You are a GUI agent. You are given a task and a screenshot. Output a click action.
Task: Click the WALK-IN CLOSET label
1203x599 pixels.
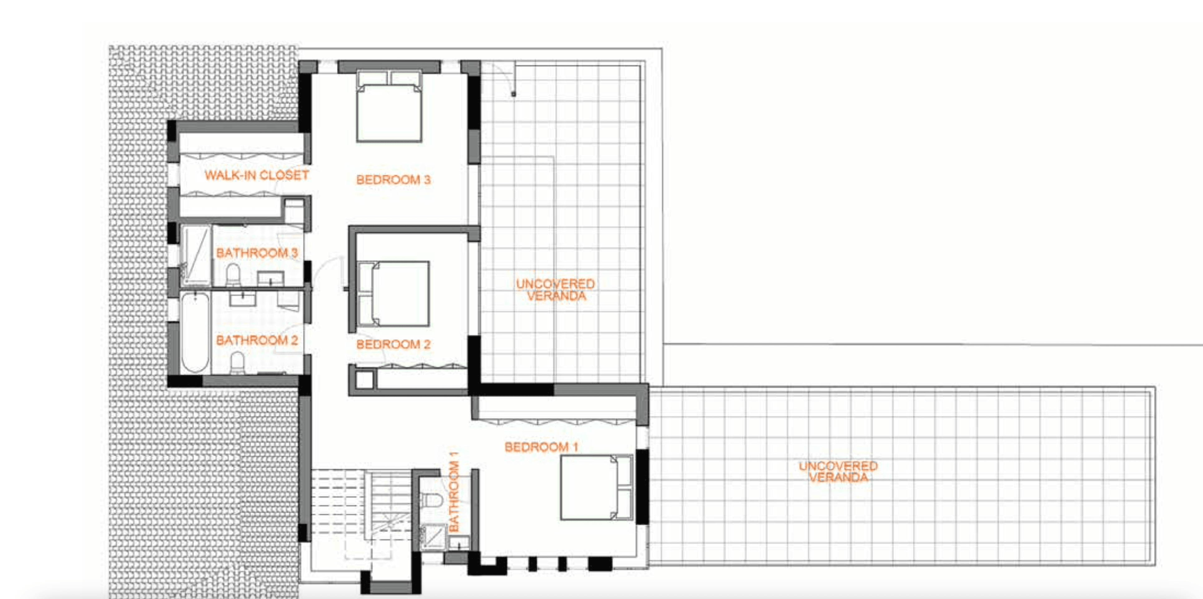[x=257, y=175]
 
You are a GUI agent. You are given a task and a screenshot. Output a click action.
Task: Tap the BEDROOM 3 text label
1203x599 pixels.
[x=393, y=180]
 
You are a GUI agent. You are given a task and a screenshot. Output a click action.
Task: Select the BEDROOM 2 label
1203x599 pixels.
[x=393, y=344]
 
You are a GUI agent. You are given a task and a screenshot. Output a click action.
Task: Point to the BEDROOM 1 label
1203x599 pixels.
[x=541, y=447]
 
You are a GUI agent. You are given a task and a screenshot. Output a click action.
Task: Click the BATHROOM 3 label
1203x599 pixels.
[x=257, y=253]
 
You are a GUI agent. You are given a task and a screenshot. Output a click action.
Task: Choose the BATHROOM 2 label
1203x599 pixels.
[x=257, y=340]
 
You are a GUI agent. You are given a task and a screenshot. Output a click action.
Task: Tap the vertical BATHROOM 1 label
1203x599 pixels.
[x=454, y=492]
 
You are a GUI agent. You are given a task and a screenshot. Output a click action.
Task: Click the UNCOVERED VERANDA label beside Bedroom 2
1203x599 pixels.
[x=556, y=290]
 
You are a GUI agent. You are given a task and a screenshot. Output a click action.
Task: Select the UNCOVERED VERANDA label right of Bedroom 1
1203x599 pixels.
[x=838, y=472]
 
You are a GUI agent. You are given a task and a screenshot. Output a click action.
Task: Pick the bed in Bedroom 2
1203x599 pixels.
[x=393, y=294]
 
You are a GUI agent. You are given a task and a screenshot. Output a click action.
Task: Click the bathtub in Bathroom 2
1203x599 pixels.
[x=195, y=332]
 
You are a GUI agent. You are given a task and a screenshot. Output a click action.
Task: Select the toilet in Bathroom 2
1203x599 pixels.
[x=237, y=363]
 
